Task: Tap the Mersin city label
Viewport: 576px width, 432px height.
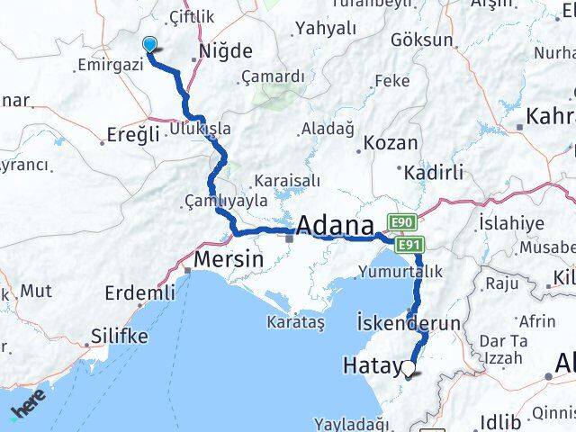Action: (x=229, y=259)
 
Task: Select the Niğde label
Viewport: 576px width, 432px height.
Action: (x=225, y=51)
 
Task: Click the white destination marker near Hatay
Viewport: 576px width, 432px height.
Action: (x=410, y=367)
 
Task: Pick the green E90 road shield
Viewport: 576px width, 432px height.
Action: (x=400, y=221)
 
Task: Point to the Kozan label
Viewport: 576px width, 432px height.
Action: (x=389, y=142)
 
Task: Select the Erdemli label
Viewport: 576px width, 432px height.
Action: (x=139, y=292)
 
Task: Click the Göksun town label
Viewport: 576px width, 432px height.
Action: (x=421, y=40)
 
